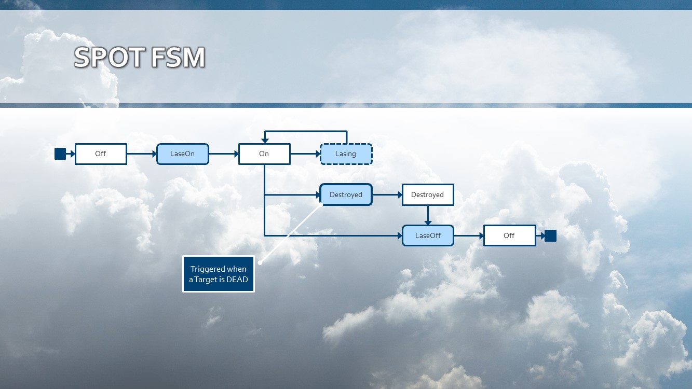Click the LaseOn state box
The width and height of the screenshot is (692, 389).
[x=183, y=154]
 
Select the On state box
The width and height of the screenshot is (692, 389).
[x=264, y=154]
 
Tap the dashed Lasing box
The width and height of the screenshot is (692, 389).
[x=346, y=154]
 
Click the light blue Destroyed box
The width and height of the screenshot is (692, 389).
[x=346, y=195]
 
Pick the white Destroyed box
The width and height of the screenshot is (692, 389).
[x=428, y=195]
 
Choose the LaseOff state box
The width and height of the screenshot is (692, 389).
[x=428, y=235]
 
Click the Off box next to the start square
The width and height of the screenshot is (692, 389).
[x=101, y=154]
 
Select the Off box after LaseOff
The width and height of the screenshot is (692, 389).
[x=509, y=235]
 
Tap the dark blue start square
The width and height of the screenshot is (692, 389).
[x=60, y=154]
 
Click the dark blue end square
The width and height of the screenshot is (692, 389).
[x=550, y=235]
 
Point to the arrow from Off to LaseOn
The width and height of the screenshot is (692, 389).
[x=142, y=154]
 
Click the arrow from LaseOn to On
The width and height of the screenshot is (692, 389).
[x=223, y=154]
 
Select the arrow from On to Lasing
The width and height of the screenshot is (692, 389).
[x=305, y=154]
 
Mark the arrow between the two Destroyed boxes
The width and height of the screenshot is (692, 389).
[x=387, y=195]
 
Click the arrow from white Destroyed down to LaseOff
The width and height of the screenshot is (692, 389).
[x=428, y=215]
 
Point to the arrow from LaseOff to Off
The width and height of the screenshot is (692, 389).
[x=469, y=235]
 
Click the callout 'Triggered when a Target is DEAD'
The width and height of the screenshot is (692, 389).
[x=219, y=274]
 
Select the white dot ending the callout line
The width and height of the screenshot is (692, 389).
[x=260, y=262]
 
